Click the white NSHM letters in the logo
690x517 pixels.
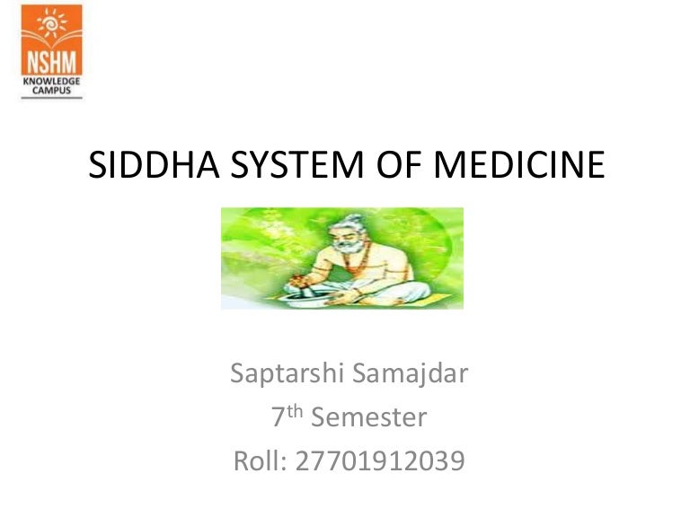[x=51, y=61]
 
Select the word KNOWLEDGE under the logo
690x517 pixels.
[x=51, y=80]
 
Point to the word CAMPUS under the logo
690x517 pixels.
[x=51, y=90]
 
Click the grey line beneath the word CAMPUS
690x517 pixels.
[x=51, y=97]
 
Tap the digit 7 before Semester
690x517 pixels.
[x=278, y=418]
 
